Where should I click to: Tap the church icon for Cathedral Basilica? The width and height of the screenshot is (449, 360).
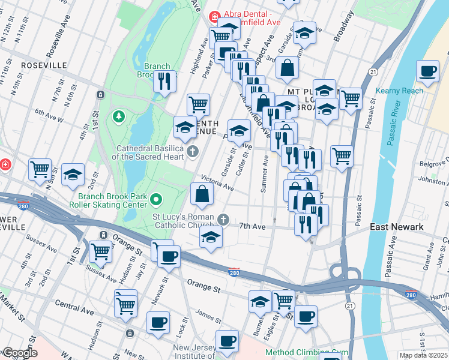pyautogui.click(x=193, y=151)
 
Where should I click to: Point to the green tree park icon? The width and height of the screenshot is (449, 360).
pyautogui.click(x=118, y=114)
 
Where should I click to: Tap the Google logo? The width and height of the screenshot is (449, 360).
pyautogui.click(x=20, y=353)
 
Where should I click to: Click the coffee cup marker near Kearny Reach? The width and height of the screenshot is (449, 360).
pyautogui.click(x=427, y=72)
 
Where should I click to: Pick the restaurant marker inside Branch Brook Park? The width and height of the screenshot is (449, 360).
pyautogui.click(x=164, y=81)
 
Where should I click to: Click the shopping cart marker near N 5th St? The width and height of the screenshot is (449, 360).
pyautogui.click(x=40, y=170)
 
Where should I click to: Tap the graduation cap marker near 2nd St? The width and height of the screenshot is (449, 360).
pyautogui.click(x=73, y=175)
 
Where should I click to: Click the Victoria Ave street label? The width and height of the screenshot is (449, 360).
pyautogui.click(x=217, y=182)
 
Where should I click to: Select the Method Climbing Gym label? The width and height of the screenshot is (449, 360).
pyautogui.click(x=306, y=353)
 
